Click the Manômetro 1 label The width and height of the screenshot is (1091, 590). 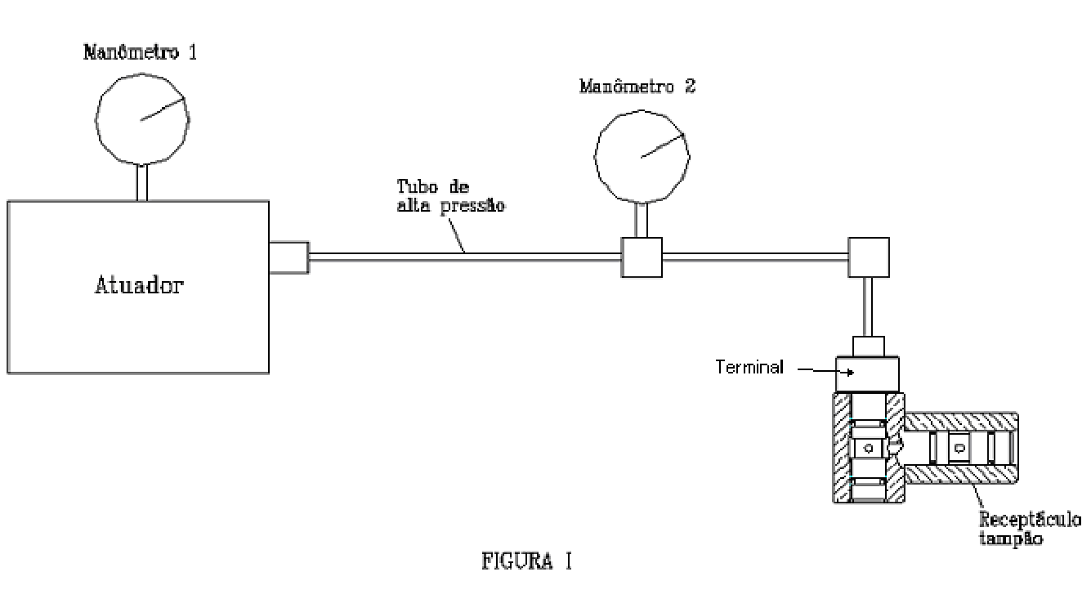point(141,52)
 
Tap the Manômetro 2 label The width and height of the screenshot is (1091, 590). point(637,87)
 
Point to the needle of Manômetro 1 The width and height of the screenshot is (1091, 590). point(163,109)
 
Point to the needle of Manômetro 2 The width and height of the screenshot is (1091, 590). point(663,145)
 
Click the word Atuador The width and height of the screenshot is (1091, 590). point(139,285)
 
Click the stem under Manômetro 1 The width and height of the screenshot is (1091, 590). point(141,183)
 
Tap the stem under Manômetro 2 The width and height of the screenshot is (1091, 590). point(642,220)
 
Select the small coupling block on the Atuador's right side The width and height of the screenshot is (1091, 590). point(289,257)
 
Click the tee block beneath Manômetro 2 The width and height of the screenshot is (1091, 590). point(642,257)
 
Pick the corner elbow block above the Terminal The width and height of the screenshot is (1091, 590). point(869,257)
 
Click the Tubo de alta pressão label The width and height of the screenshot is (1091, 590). point(450,196)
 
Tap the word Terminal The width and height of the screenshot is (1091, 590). point(749,367)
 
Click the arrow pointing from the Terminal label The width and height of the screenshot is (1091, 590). point(825,371)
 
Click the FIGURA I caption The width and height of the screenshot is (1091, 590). point(526,561)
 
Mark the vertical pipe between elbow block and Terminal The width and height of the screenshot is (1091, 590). point(868,307)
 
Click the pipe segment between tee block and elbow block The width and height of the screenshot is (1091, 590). point(755,257)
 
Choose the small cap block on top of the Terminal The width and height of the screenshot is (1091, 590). point(869,346)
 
